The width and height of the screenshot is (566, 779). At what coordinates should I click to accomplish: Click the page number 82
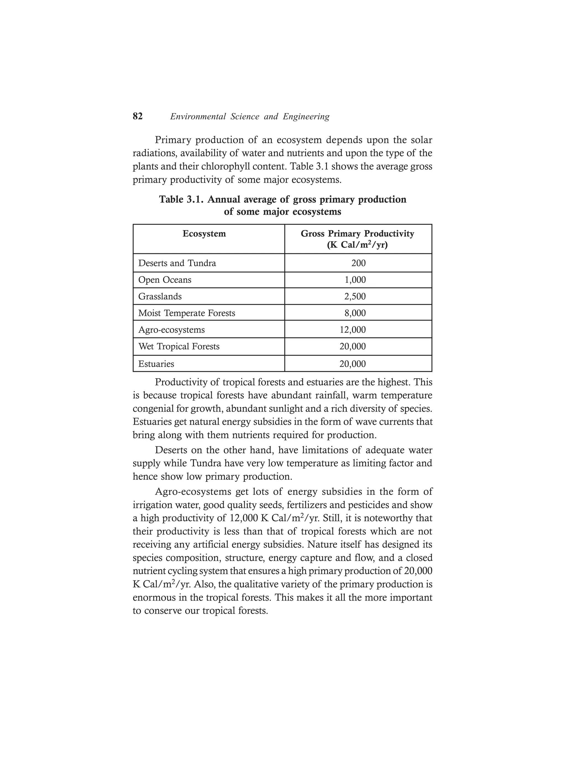[x=137, y=116]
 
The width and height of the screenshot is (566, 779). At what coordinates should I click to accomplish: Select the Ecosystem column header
[x=204, y=234]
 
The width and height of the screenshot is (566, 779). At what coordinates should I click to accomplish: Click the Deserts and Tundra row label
[x=177, y=263]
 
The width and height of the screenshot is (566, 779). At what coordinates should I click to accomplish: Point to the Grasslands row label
[x=160, y=296]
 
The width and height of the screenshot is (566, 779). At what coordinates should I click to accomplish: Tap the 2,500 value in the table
[x=355, y=296]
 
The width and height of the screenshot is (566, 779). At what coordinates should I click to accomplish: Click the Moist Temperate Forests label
[x=187, y=313]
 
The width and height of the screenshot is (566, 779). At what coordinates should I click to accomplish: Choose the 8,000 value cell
[x=355, y=313]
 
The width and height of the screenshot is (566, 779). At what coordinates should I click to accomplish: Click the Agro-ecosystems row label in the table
[x=171, y=330]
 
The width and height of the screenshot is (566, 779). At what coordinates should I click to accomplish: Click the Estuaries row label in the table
[x=156, y=364]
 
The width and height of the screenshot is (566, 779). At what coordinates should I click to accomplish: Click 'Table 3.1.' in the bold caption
[x=181, y=200]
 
